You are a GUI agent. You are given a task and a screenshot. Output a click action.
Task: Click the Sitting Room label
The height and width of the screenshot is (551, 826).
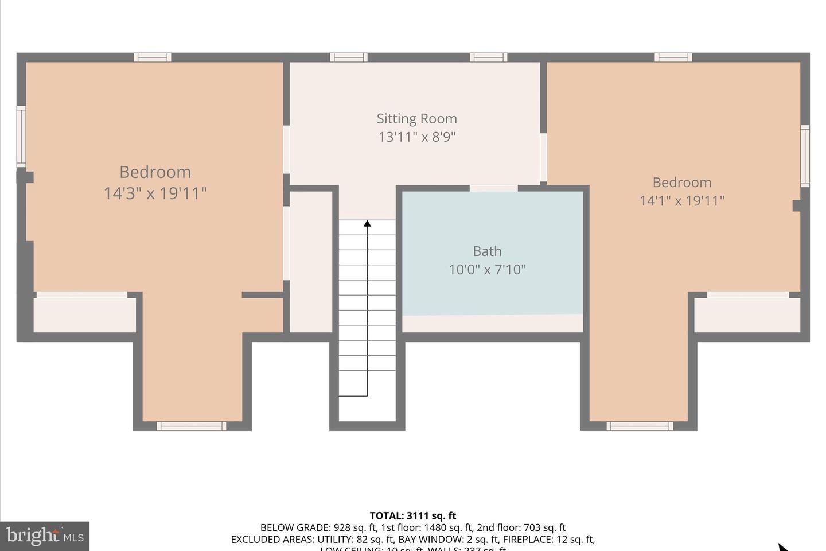(416, 119)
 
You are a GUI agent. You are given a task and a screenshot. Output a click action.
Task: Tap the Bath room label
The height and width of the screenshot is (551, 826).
(487, 251)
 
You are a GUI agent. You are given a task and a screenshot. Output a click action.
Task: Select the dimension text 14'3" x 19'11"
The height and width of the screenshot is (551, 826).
(155, 193)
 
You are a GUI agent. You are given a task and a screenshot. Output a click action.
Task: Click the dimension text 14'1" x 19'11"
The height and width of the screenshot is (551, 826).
(682, 201)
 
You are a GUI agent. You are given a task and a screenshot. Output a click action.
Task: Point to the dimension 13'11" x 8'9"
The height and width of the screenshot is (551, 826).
(416, 137)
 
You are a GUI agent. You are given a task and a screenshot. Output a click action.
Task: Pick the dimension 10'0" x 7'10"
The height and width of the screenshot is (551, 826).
(487, 270)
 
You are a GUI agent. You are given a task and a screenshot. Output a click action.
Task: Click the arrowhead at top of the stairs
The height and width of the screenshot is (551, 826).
(367, 223)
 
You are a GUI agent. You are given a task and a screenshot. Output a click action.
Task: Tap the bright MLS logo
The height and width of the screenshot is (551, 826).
(44, 536)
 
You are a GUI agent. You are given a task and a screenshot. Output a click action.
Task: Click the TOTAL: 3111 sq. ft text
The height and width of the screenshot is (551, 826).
(412, 515)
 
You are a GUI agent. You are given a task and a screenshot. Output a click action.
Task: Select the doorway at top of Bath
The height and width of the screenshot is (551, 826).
(493, 188)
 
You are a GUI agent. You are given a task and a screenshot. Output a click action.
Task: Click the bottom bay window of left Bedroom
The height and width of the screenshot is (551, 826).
(191, 426)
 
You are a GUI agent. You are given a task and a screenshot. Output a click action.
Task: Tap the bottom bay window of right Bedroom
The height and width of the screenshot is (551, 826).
(639, 426)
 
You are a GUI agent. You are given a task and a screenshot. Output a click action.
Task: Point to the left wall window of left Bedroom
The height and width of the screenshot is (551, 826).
(21, 136)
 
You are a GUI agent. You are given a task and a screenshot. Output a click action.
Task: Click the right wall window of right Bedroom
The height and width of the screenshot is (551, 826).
(805, 156)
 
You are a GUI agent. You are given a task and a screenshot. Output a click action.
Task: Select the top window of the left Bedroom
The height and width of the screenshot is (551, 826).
(152, 57)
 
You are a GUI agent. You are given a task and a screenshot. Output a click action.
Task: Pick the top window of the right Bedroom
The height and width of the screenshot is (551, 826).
(673, 57)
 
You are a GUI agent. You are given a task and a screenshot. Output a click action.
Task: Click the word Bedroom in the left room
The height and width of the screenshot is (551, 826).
(155, 172)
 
